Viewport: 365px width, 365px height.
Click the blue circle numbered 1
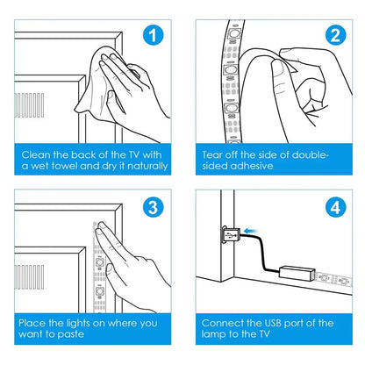coord(153,35)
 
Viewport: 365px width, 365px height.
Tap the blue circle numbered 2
coord(335,35)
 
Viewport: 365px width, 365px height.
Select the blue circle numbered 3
coord(153,207)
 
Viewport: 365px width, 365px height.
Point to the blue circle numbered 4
coord(335,207)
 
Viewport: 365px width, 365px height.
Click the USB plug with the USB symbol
coord(230,234)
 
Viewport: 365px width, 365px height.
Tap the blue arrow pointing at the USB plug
coord(251,231)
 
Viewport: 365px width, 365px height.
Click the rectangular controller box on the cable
coord(297,273)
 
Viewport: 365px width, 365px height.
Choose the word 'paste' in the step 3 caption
coord(70,334)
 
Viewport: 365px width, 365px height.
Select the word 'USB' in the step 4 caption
coord(273,323)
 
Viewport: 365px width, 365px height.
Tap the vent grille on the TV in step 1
coord(29,105)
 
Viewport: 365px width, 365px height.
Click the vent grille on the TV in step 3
coord(29,277)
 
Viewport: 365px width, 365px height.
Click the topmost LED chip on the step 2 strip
coord(233,33)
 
